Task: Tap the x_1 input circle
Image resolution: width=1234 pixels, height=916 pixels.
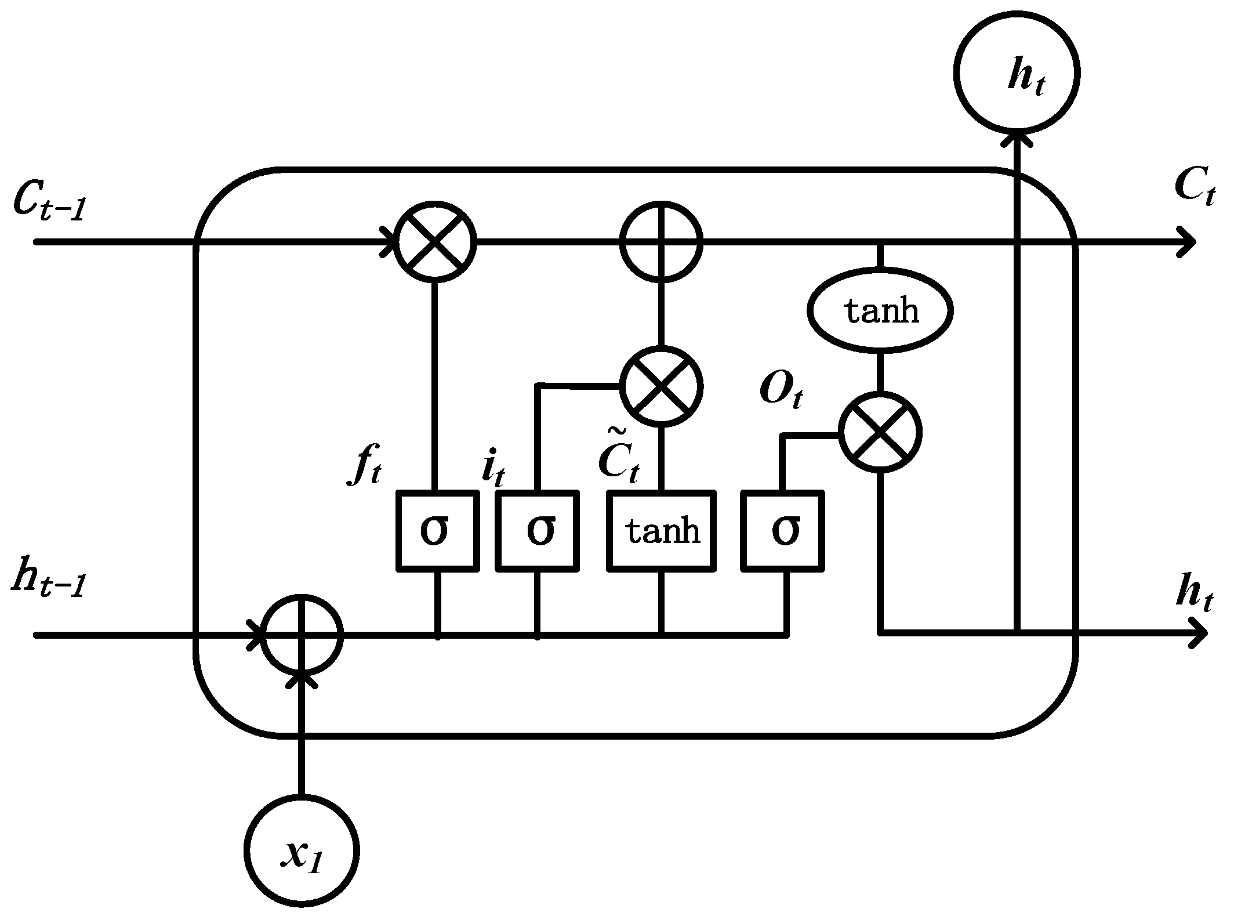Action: (301, 852)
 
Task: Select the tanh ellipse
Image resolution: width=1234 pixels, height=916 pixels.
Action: (880, 310)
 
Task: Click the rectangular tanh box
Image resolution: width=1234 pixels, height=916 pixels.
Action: (661, 531)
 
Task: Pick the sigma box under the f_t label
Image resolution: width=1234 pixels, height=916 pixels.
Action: (438, 531)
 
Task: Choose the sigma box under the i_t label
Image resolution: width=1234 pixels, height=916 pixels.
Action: (538, 531)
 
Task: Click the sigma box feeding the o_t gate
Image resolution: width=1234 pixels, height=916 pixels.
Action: (783, 531)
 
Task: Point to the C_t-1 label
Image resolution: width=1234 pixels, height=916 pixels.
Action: (49, 203)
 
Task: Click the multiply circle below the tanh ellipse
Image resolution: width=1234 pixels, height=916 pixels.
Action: (880, 433)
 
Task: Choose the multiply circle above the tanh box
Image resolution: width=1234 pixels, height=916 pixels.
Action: (661, 386)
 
